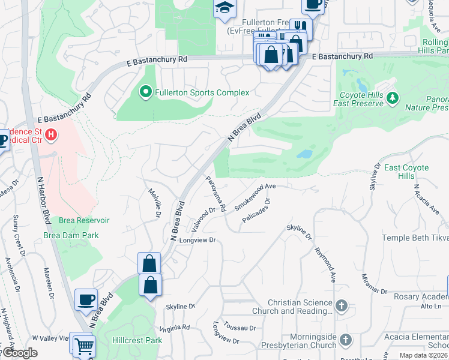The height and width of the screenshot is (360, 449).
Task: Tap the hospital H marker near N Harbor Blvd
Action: tap(52, 134)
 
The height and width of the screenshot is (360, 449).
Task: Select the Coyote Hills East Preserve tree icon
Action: tap(393, 97)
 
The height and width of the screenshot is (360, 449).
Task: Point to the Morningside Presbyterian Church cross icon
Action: tap(345, 340)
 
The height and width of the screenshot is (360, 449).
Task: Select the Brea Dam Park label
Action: tap(71, 235)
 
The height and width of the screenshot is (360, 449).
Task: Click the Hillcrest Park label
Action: tap(137, 340)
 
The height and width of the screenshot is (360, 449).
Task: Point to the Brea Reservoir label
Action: tap(84, 220)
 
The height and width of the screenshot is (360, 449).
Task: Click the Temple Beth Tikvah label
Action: tap(415, 238)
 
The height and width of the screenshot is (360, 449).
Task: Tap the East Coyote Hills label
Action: tap(407, 172)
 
